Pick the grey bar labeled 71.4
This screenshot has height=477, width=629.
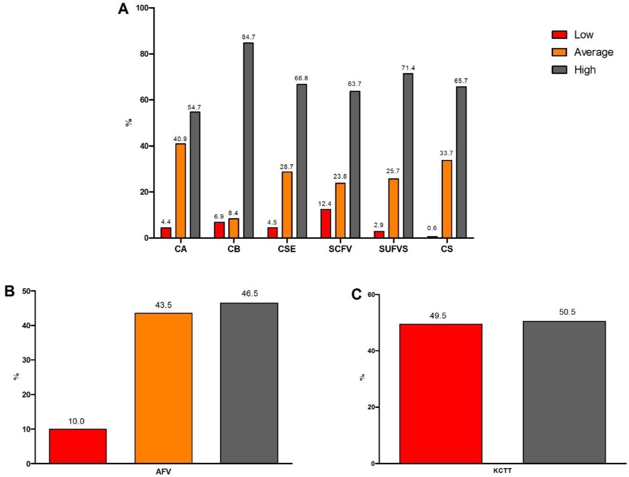click(408, 156)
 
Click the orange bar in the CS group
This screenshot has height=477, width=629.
click(446, 199)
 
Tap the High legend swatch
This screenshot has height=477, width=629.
click(559, 70)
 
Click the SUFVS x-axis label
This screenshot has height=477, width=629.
click(393, 249)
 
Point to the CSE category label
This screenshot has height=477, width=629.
click(287, 249)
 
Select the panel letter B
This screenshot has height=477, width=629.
click(10, 291)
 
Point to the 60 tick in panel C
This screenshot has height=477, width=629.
click(371, 295)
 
